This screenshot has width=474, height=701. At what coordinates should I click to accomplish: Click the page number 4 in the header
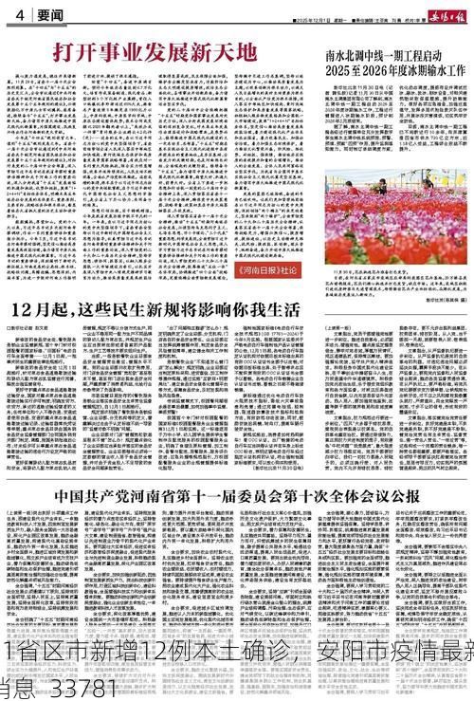point(19,15)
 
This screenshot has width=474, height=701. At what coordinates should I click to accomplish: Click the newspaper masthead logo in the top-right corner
point(433,13)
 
